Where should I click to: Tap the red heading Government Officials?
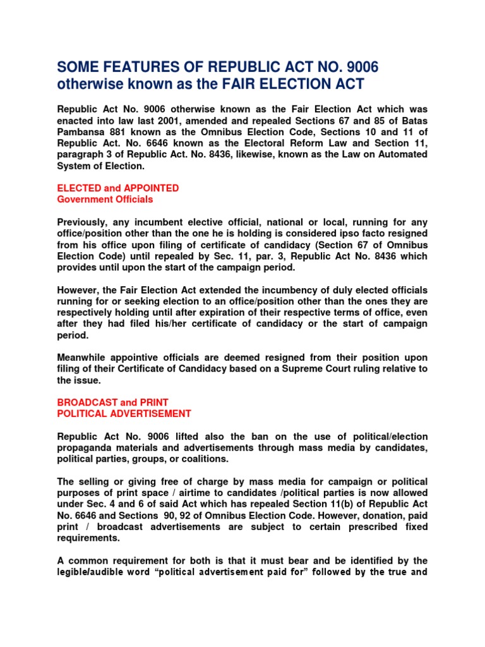click(x=105, y=200)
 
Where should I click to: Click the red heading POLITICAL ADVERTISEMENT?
click(x=124, y=414)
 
